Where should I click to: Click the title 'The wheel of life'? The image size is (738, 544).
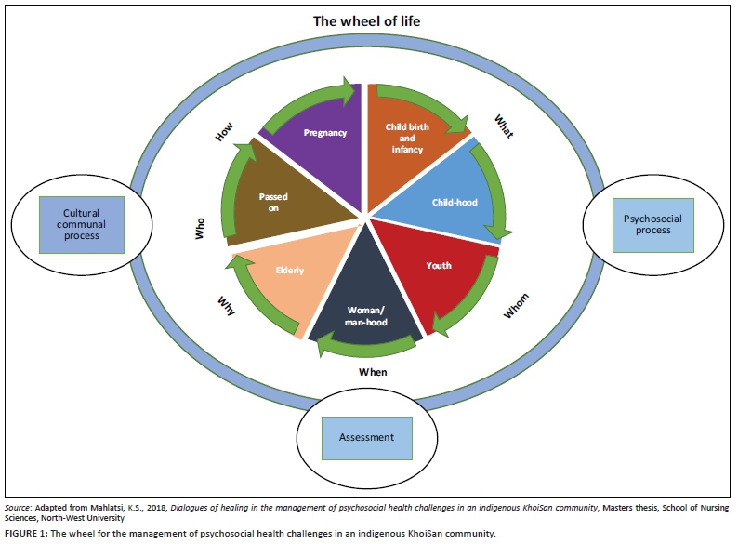coord(368,19)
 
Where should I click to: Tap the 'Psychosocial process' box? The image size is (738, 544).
coord(652,224)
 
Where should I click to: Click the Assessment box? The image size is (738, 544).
coord(367,437)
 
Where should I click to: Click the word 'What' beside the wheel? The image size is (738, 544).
coord(502,126)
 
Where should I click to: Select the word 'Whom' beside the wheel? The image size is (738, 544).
coord(516,308)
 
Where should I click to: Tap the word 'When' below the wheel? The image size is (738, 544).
coord(372,371)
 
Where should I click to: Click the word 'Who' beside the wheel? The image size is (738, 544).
coord(199,230)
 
